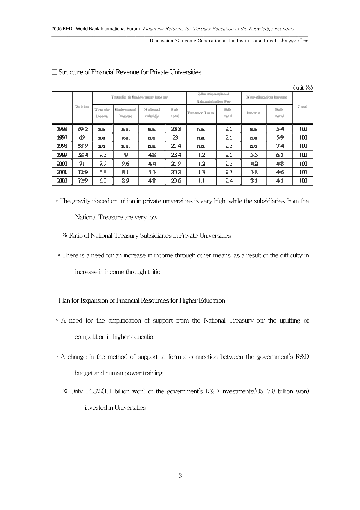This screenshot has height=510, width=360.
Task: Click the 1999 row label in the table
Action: (x=62, y=155)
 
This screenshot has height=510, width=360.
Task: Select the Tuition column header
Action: (x=82, y=107)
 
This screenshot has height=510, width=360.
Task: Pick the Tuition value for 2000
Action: (x=82, y=164)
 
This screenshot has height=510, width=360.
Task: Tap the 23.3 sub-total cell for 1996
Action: (x=176, y=129)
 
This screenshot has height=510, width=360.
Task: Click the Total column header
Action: (x=303, y=107)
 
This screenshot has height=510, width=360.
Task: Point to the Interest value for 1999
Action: (x=254, y=155)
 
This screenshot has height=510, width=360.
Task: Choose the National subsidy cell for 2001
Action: (x=152, y=172)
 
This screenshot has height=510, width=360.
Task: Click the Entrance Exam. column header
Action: (x=201, y=113)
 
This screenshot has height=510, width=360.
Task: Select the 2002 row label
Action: (x=62, y=181)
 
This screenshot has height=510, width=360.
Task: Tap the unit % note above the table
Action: (x=303, y=87)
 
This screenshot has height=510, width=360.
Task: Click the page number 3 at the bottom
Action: (x=180, y=476)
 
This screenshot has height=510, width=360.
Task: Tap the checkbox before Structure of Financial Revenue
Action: (x=54, y=72)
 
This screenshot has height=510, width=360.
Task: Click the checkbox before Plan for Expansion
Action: (x=54, y=300)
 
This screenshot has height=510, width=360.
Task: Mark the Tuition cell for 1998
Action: (x=82, y=146)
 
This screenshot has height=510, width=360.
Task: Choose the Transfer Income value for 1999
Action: (x=102, y=155)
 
